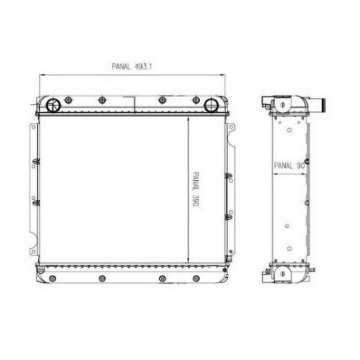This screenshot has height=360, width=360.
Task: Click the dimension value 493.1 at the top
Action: coord(143,66)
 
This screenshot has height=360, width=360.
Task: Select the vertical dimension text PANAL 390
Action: coord(196,189)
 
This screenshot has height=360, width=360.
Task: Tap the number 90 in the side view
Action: coord(301,166)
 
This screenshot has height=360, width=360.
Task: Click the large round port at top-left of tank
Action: coord(53,105)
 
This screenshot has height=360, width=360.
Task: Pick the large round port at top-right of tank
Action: coord(211,105)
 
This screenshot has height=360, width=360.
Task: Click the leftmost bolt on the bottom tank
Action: coord(53,279)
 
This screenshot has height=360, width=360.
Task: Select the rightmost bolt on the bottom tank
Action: coord(196,279)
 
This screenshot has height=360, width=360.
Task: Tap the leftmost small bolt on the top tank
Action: coord(68,100)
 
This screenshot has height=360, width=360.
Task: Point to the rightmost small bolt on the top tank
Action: coord(196,100)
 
